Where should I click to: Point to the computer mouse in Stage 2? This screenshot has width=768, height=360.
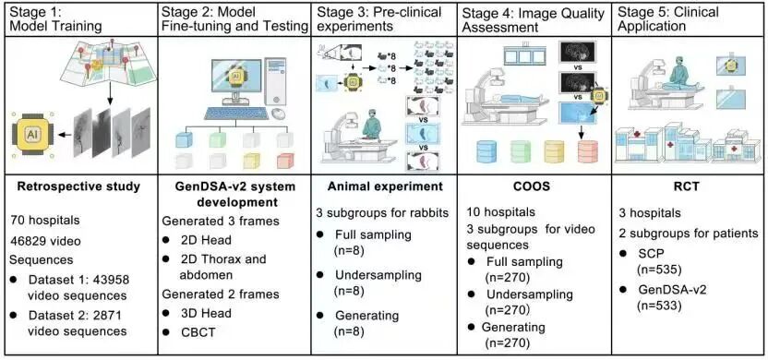click(x=279, y=114)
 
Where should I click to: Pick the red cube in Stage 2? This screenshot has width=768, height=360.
click(x=284, y=161)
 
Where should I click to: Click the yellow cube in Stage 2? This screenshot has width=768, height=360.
click(x=251, y=161)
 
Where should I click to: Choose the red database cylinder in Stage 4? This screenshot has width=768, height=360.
click(x=588, y=151)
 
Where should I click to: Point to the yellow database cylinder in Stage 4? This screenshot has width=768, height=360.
click(x=556, y=151)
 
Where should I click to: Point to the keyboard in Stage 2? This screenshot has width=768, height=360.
click(x=237, y=114)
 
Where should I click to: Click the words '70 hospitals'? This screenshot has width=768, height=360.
click(x=43, y=221)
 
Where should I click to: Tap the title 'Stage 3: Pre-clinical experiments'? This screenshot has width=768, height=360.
click(x=378, y=18)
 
